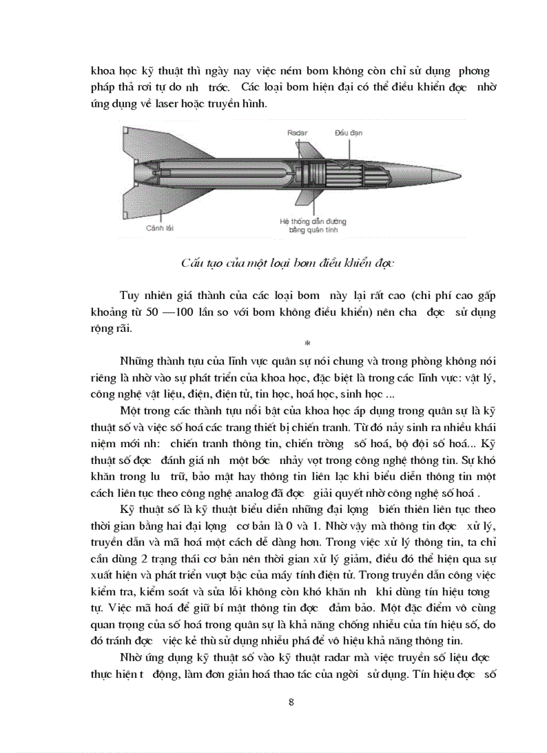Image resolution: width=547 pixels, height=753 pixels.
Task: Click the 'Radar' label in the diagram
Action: pos(298,133)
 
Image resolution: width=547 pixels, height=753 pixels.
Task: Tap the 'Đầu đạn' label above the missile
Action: pos(349,133)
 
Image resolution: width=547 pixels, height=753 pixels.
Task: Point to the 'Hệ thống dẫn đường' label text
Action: pos(312,221)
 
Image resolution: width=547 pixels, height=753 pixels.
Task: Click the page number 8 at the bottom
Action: pos(291,702)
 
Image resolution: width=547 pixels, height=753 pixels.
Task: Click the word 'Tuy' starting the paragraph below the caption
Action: pos(131,296)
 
